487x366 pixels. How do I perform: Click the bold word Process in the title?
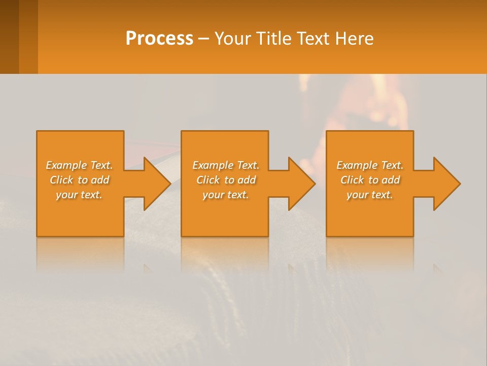(159, 38)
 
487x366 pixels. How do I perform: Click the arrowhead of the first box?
(156, 184)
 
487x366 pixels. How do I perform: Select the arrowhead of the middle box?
(301, 184)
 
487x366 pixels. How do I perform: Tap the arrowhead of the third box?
(446, 184)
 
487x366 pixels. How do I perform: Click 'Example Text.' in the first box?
(80, 165)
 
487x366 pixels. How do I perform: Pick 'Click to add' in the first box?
(80, 180)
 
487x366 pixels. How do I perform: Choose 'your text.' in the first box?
(80, 195)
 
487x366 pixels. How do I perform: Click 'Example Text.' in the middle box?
(225, 165)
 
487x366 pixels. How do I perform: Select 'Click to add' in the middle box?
(225, 180)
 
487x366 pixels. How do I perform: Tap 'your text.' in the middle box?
(225, 195)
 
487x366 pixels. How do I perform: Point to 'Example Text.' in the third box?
(370, 165)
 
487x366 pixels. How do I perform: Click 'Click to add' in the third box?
(370, 180)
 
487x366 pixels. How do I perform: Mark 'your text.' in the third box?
(370, 195)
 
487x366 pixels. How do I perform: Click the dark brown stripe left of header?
(9, 37)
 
